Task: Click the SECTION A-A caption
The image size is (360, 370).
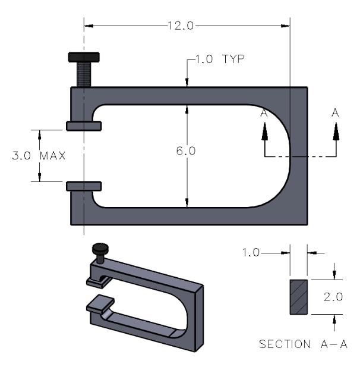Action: point(303,344)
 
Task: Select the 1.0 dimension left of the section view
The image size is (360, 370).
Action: point(252,253)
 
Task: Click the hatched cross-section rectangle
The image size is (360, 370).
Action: point(298,296)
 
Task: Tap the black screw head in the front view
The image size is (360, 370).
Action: point(84,57)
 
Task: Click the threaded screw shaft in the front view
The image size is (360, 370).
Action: point(84,74)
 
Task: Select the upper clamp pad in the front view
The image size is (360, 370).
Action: point(84,126)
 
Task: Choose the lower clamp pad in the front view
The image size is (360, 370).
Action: point(84,186)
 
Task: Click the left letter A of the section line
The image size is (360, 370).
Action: point(264,112)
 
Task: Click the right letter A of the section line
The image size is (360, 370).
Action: point(336,112)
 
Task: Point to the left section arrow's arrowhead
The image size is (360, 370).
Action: point(264,128)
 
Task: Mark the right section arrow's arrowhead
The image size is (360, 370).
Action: point(336,128)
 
